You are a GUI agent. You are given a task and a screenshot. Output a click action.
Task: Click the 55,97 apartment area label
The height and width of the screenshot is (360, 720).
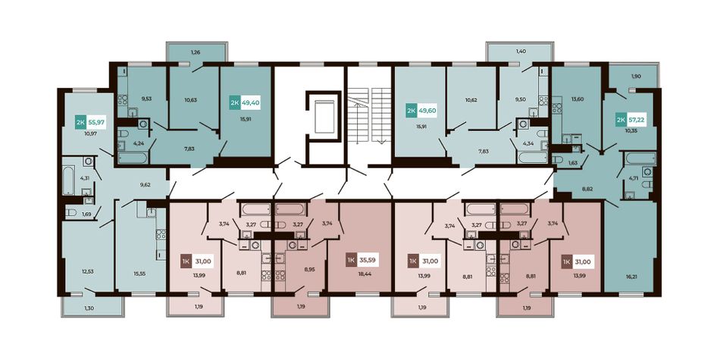click(x=97, y=123)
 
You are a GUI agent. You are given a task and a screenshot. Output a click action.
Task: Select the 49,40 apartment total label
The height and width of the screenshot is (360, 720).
click(x=252, y=103)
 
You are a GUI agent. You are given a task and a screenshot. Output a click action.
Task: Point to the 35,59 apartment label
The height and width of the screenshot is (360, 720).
click(x=368, y=261)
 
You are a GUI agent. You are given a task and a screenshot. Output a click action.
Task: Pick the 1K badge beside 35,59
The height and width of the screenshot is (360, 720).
click(x=351, y=261)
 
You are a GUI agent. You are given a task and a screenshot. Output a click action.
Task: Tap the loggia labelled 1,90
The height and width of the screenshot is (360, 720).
click(x=635, y=76)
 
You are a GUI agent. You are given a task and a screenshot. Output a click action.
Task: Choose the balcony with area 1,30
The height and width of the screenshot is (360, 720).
click(x=92, y=306)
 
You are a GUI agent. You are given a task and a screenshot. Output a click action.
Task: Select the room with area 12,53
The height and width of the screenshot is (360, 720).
click(x=88, y=257)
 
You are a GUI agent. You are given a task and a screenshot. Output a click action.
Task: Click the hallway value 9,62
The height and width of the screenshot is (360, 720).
click(x=145, y=186)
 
